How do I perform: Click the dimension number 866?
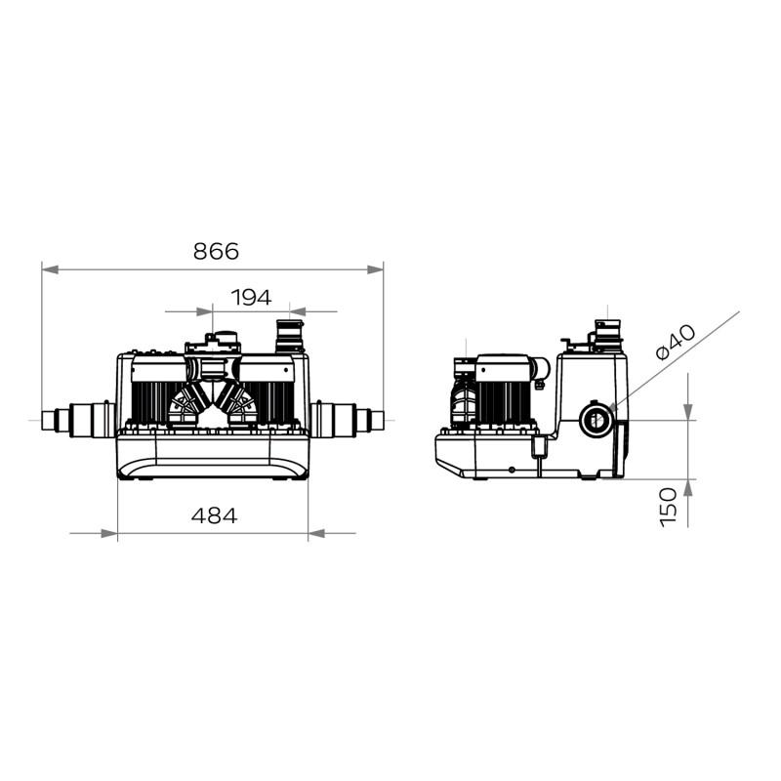(216, 252)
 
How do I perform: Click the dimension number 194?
(252, 298)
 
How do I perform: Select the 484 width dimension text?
(214, 515)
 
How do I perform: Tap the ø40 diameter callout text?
(676, 342)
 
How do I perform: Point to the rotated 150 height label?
(669, 507)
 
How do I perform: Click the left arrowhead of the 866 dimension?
(51, 269)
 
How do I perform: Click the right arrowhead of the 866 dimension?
(375, 269)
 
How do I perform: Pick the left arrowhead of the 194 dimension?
(205, 311)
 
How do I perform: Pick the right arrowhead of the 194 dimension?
(298, 311)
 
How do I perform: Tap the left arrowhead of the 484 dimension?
(109, 533)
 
